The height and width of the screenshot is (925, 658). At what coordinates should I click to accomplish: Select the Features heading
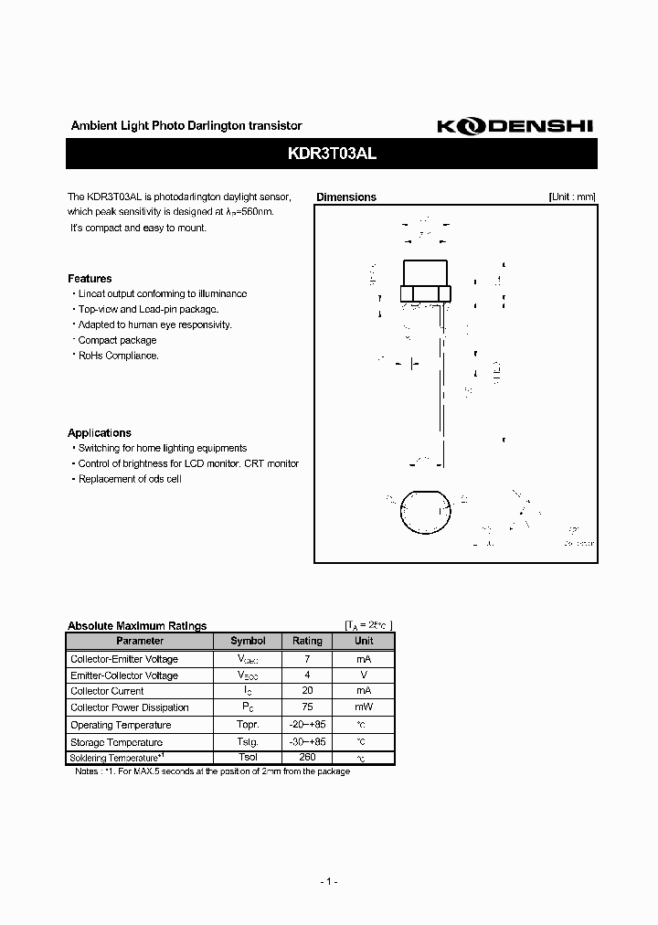(x=90, y=279)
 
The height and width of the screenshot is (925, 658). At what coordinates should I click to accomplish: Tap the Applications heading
(x=100, y=433)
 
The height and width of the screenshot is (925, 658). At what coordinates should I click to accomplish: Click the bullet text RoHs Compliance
(x=118, y=356)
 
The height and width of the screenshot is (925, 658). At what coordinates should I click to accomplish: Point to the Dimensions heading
(x=345, y=197)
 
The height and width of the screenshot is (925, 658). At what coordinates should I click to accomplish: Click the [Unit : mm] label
(x=572, y=197)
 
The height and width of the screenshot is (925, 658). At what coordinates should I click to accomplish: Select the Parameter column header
(x=140, y=642)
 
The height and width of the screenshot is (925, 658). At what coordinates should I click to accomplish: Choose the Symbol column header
(x=248, y=642)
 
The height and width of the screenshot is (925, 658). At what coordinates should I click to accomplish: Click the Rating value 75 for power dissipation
(x=307, y=707)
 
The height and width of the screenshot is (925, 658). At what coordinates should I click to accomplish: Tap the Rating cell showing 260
(x=307, y=758)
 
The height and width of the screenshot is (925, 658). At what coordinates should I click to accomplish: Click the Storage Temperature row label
(x=116, y=742)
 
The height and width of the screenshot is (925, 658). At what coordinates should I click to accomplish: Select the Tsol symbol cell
(x=248, y=758)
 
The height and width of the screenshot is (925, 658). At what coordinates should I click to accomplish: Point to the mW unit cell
(x=364, y=707)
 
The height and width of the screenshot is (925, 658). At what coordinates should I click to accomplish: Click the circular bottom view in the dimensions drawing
(x=426, y=513)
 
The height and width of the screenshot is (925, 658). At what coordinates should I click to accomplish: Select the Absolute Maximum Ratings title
(x=137, y=626)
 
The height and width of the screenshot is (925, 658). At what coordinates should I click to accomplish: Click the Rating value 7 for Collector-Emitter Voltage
(x=307, y=659)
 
